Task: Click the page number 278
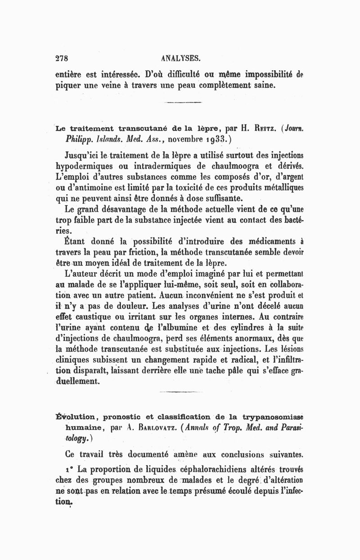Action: pyautogui.click(x=62, y=58)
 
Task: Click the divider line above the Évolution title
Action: pyautogui.click(x=175, y=392)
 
